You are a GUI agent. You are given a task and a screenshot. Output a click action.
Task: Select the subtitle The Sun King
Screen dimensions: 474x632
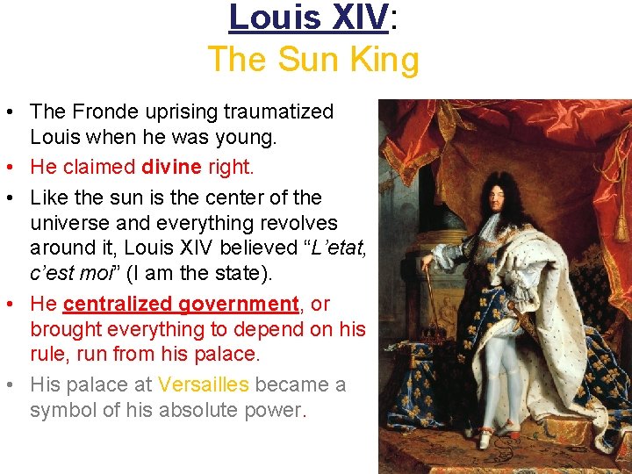click(313, 61)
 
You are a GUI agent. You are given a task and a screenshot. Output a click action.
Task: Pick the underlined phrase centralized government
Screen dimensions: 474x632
click(182, 305)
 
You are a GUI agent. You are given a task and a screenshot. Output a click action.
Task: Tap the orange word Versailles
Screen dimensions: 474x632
click(204, 385)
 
